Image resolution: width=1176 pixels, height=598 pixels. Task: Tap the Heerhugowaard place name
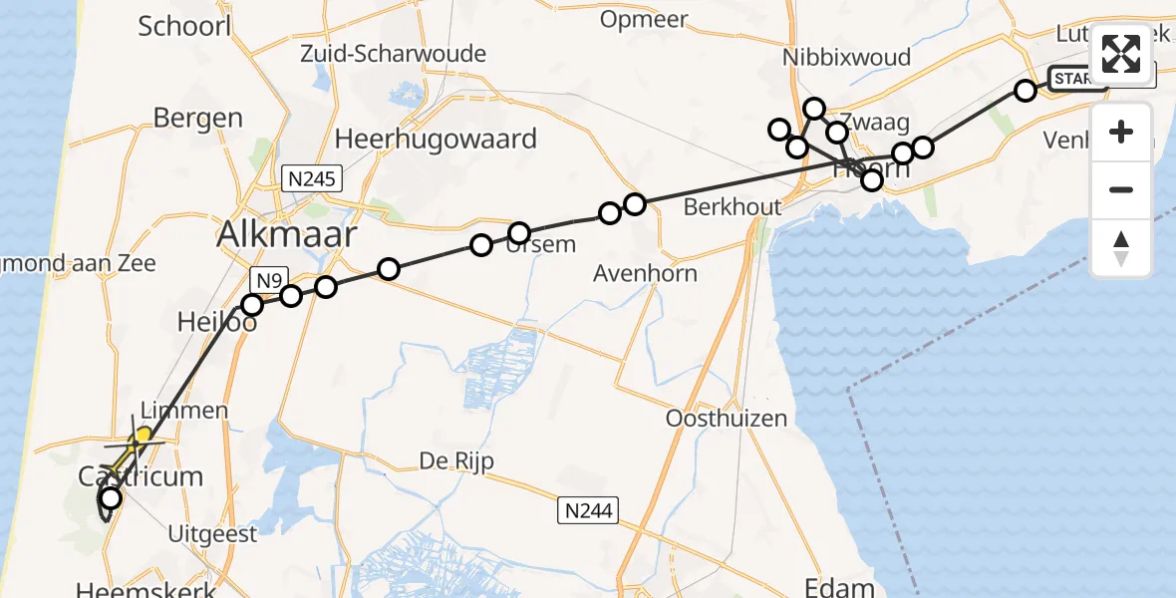437,139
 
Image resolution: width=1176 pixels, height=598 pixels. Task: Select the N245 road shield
311,178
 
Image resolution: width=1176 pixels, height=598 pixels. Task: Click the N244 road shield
588,511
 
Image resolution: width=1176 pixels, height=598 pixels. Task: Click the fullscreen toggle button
1121,54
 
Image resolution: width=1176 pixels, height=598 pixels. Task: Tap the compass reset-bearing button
1121,248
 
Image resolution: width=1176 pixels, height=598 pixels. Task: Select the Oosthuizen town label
726,418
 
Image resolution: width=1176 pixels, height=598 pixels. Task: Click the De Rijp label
455,461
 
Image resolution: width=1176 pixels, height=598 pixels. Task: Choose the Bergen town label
197,119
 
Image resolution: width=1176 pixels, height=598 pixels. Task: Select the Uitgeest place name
213,533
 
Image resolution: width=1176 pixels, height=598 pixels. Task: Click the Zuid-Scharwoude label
393,54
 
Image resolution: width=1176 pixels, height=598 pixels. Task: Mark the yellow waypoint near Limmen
144,435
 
